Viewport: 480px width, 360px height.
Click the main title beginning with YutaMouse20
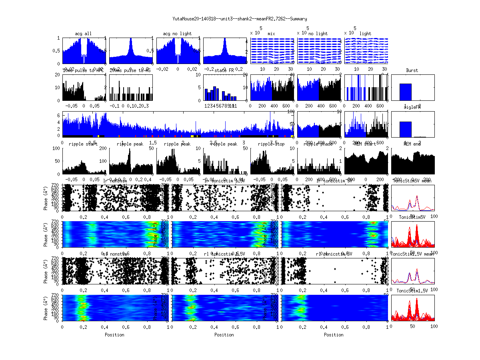[240, 19]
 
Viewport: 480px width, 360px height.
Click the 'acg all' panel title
[83, 34]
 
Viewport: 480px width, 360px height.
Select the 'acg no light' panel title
[177, 34]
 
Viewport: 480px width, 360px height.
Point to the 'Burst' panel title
[412, 70]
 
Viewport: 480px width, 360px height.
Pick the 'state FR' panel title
[222, 70]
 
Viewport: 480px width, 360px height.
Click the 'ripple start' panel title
[83, 144]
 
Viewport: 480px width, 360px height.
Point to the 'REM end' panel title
[412, 144]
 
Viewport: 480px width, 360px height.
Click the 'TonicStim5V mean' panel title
[412, 181]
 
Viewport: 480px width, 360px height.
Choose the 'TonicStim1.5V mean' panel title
[412, 254]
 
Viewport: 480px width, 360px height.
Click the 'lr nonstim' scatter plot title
[116, 181]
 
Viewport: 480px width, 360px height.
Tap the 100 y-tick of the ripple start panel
[57, 148]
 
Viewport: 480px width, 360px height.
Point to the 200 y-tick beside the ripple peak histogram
[104, 148]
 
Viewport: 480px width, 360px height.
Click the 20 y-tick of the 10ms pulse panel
[58, 75]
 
